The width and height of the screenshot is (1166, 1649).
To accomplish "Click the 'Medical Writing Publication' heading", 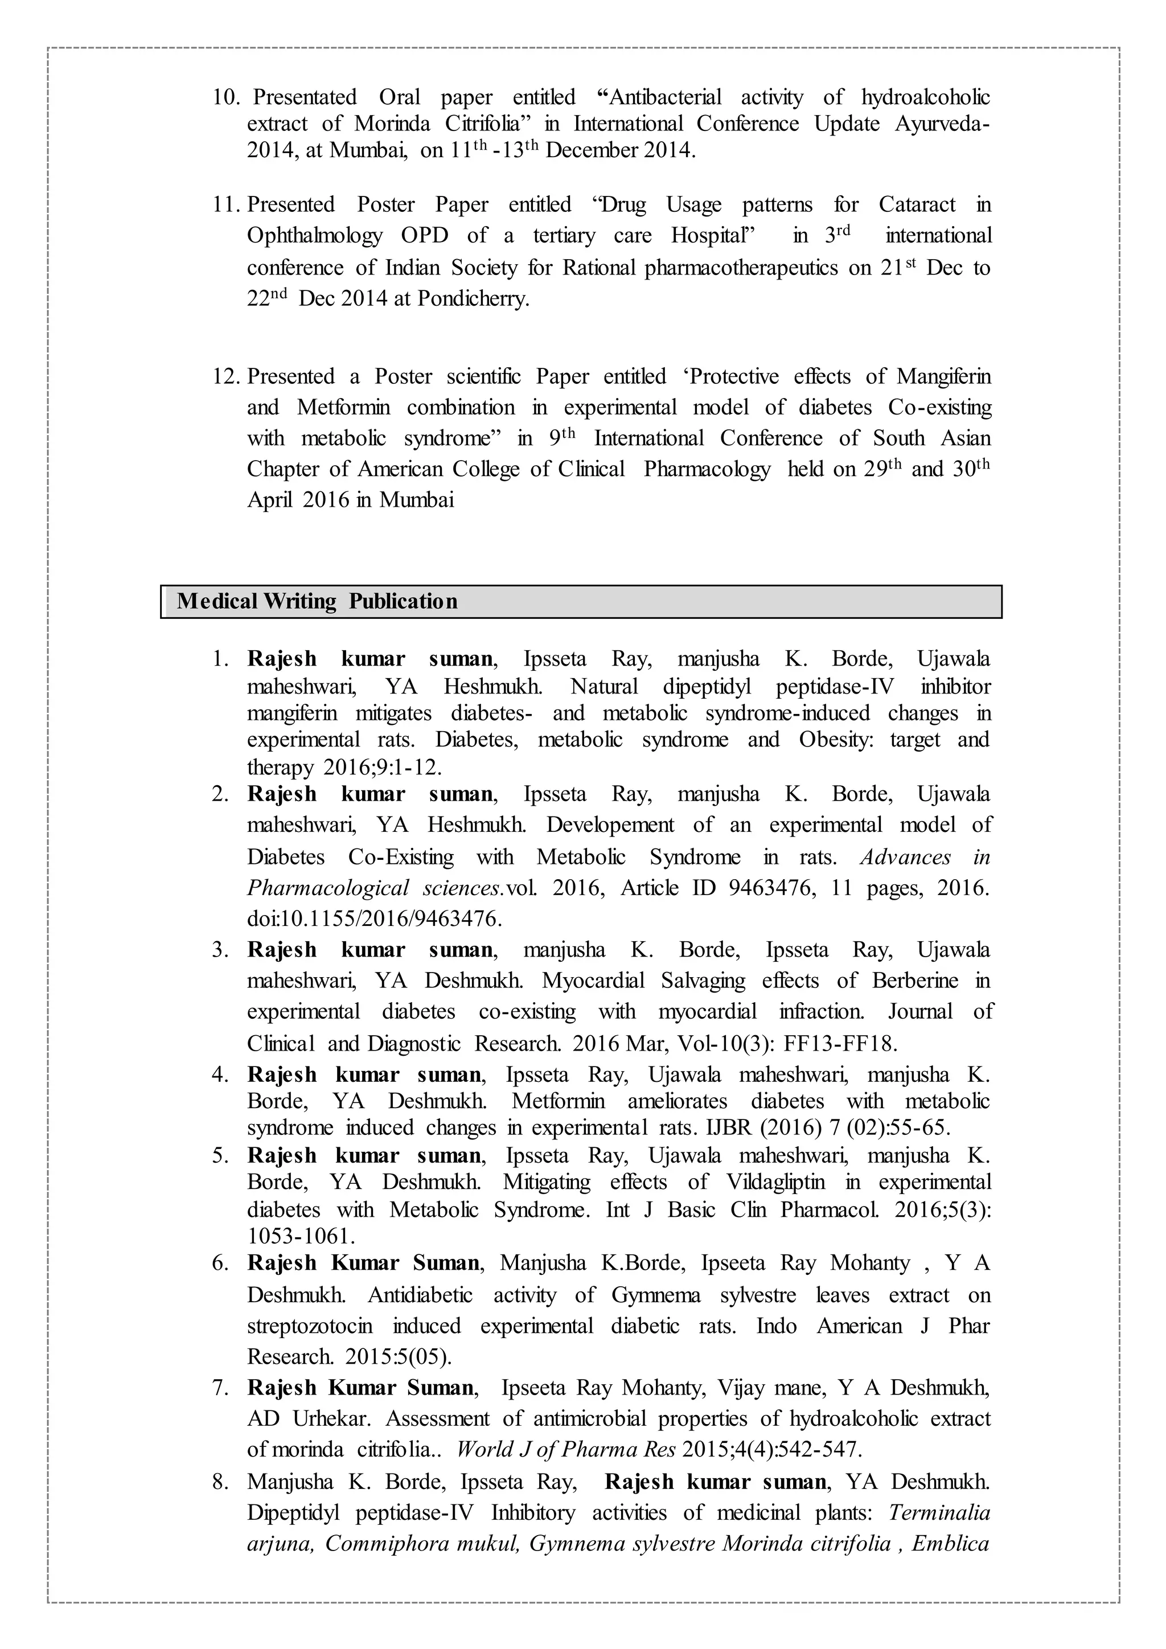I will pyautogui.click(x=317, y=601).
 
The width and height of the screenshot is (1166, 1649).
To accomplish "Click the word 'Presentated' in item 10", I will pyautogui.click(x=305, y=97).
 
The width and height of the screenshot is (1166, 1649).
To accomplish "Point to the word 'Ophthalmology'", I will pyautogui.click(x=314, y=236).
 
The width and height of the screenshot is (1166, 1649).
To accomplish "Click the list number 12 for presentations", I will pyautogui.click(x=225, y=376).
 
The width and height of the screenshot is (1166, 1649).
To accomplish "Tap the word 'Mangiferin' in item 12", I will pyautogui.click(x=943, y=376).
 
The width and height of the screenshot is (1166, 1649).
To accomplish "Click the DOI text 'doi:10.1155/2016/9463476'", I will pyautogui.click(x=373, y=918).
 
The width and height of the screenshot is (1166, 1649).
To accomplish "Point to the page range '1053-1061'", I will pyautogui.click(x=301, y=1236).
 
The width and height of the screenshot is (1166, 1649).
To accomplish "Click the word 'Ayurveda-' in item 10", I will pyautogui.click(x=942, y=124).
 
